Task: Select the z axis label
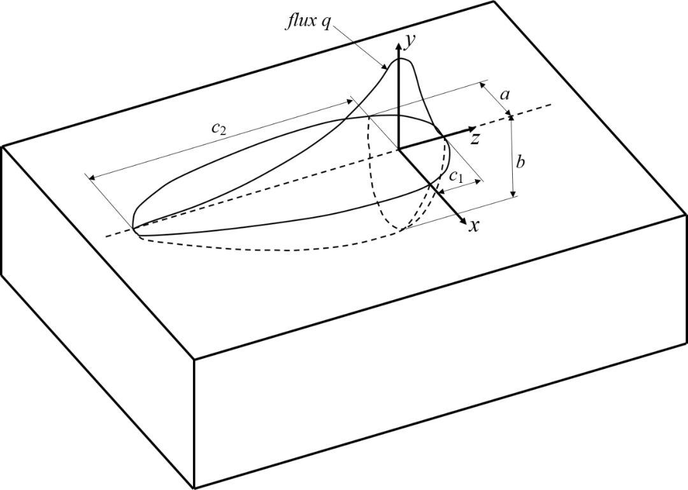[475, 138]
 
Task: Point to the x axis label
[473, 226]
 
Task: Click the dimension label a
[505, 95]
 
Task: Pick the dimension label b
[520, 162]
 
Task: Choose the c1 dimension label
[455, 177]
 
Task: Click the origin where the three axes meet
[399, 148]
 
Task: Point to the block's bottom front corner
[194, 488]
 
